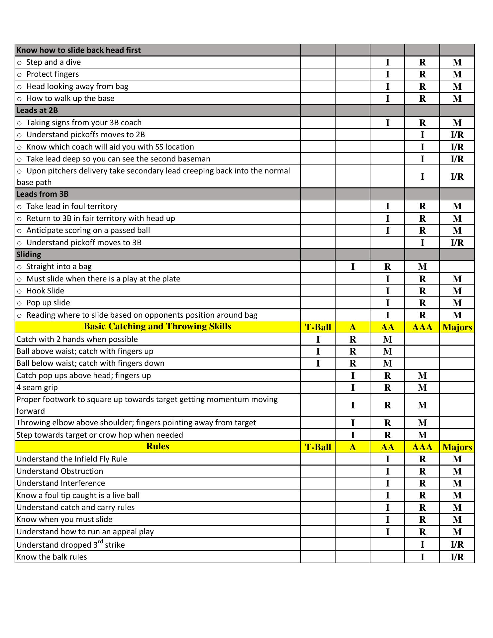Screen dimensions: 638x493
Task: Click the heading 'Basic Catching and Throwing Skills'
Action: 157,327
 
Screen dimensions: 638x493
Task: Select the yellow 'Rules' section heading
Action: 157,446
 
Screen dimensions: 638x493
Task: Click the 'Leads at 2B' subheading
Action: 37,110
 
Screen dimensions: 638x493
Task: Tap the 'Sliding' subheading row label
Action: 29,255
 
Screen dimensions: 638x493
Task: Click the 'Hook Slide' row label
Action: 45,291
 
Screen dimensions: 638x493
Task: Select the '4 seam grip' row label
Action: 37,387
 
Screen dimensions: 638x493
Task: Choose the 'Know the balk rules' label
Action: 52,557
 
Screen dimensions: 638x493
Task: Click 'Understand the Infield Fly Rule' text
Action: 72,459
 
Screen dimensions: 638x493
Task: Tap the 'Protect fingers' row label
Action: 52,74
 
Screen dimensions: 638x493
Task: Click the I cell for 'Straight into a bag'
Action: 353,266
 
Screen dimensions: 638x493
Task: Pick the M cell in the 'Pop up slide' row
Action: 457,303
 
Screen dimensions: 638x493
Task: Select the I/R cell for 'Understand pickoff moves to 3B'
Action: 457,243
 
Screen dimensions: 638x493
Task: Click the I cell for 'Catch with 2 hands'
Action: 318,339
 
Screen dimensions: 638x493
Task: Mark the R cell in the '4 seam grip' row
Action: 388,387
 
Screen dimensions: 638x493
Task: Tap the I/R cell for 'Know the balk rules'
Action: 457,557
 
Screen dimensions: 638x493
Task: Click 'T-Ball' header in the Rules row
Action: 318,447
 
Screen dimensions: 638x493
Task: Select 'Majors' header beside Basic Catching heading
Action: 457,327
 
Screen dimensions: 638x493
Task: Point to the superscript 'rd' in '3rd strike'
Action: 100,542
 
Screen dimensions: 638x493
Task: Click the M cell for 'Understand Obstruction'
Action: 457,471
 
